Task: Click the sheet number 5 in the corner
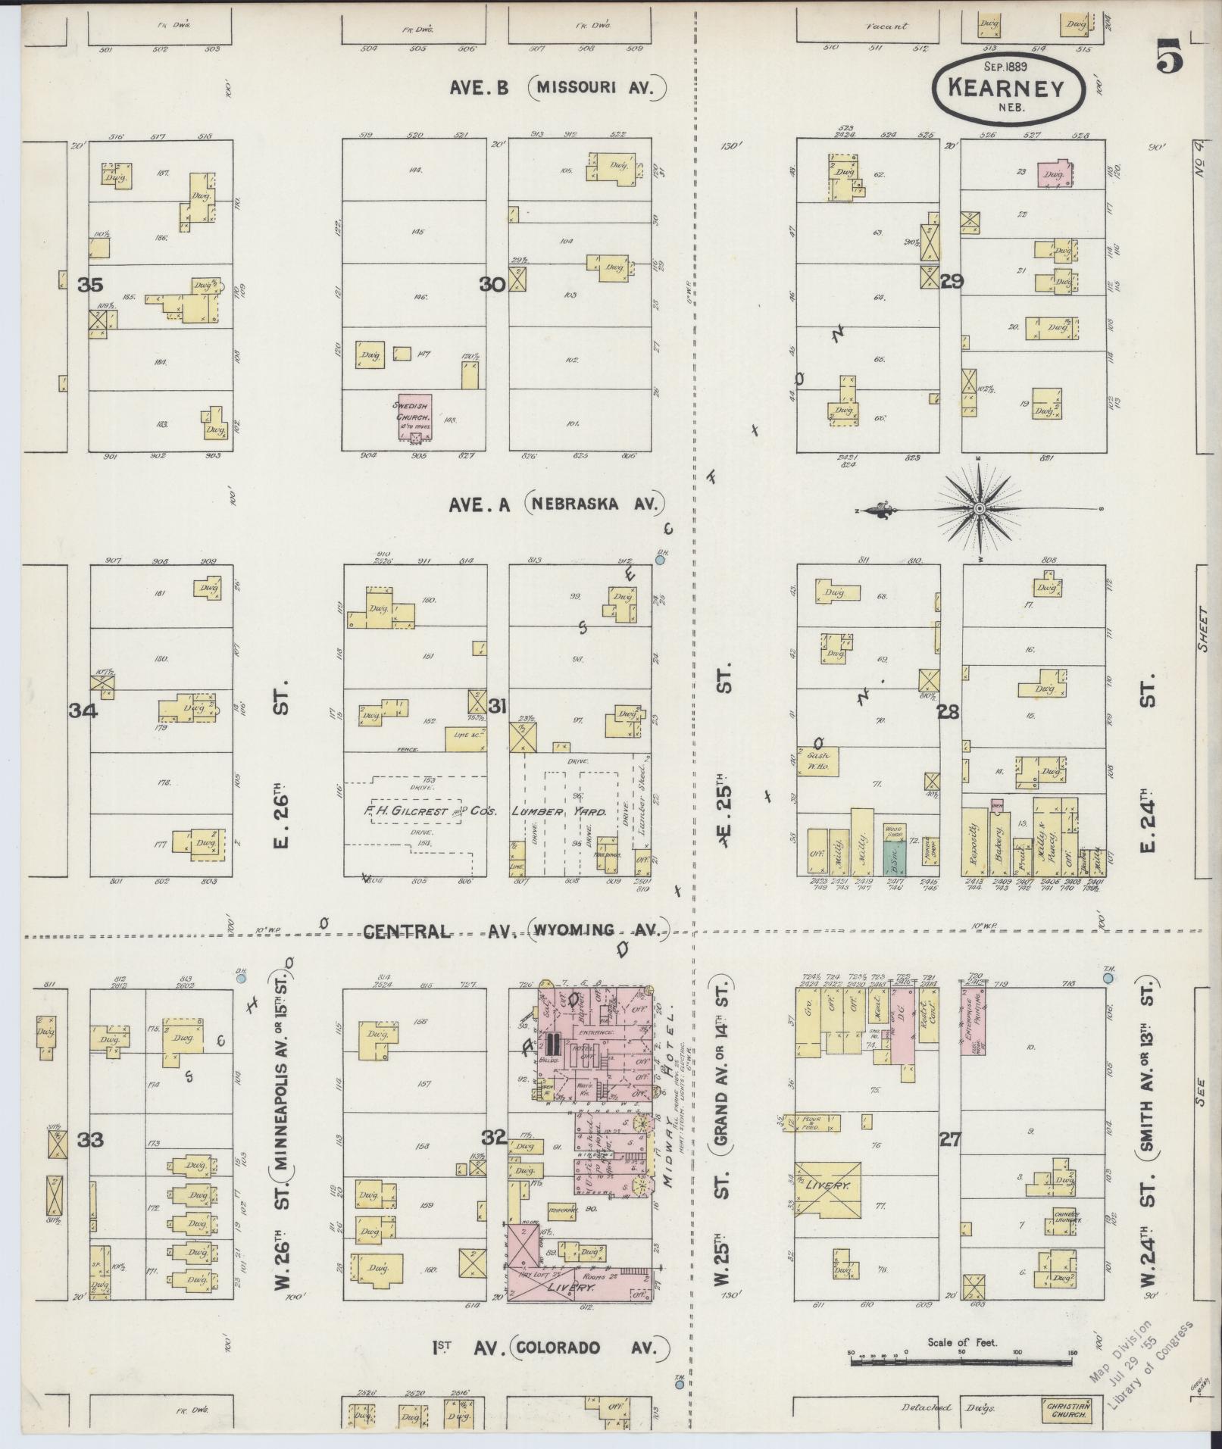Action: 1171,58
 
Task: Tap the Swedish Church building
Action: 414,416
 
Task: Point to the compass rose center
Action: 978,508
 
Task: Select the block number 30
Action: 492,284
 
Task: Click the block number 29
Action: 952,282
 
